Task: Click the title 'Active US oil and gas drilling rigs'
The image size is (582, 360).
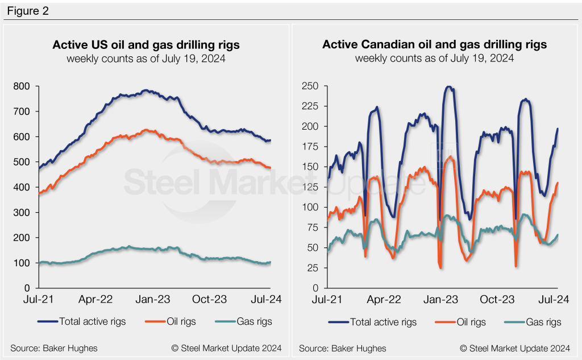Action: point(146,44)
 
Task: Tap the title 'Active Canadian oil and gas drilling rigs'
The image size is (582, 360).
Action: point(434,44)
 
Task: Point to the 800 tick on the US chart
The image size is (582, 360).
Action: point(23,86)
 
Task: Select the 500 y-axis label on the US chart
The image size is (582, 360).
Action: point(23,162)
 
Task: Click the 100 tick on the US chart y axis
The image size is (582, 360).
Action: point(23,263)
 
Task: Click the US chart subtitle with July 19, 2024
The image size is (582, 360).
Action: point(146,58)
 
